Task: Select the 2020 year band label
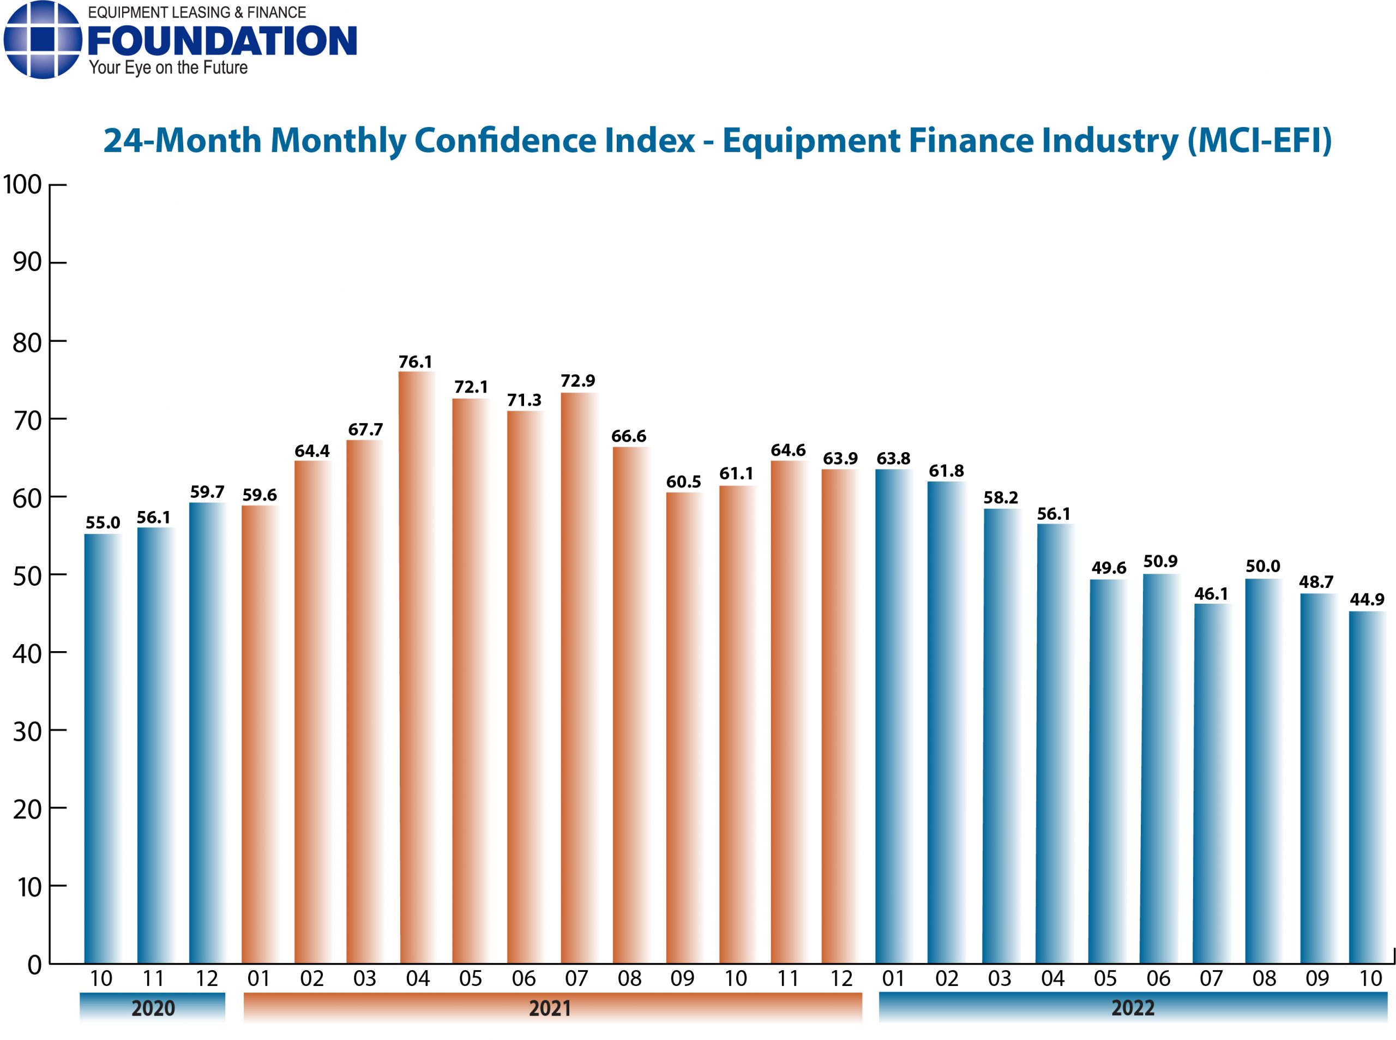pos(152,1008)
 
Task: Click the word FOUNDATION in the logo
pos(222,41)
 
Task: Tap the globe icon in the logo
pos(42,39)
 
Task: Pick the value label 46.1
pos(1211,594)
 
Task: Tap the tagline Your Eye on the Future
pos(168,68)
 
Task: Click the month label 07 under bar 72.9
pos(576,978)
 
